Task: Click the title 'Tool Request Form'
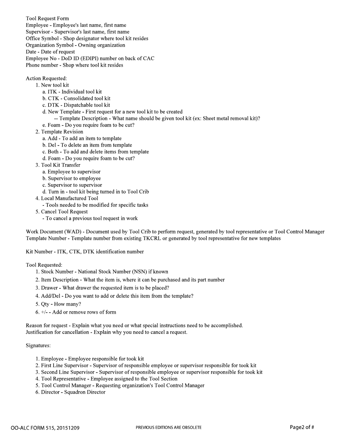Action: point(47,19)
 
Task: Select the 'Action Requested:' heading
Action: point(46,78)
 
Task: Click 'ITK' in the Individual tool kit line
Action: point(52,92)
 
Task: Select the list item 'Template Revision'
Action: point(62,132)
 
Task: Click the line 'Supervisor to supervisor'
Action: point(75,185)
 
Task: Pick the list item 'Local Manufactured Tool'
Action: point(69,198)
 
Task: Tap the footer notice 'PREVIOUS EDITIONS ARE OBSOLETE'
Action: point(169,427)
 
